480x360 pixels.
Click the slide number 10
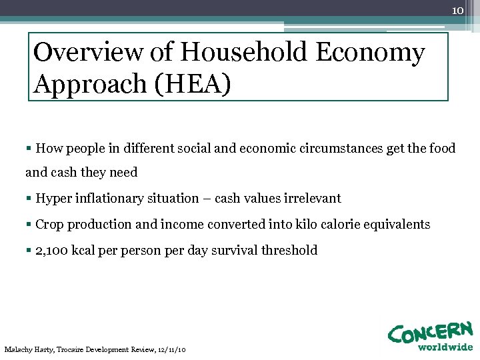coord(457,11)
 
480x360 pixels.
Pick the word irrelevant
coord(312,199)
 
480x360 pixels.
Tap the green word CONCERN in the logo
coord(429,331)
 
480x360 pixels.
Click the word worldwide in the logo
coord(445,347)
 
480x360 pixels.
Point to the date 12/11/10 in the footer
coord(171,349)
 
